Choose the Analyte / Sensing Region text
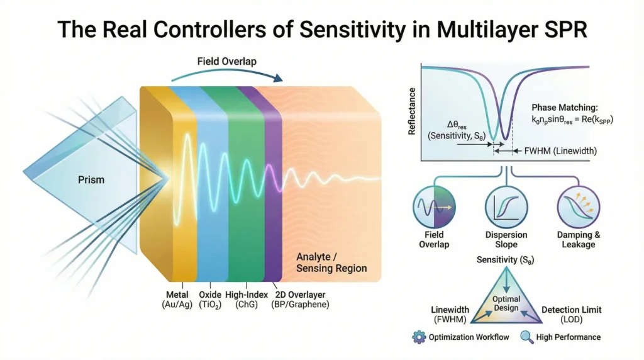point(331,262)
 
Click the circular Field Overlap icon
point(434,207)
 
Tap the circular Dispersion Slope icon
point(506,207)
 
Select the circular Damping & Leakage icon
point(579,207)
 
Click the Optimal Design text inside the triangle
point(506,303)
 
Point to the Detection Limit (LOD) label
point(571,314)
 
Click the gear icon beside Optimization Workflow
point(419,337)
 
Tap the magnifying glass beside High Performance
point(527,337)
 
